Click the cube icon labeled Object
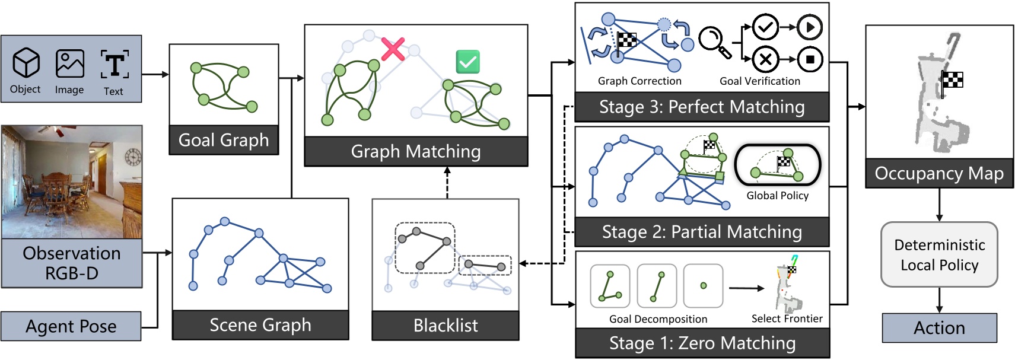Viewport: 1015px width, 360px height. [26, 63]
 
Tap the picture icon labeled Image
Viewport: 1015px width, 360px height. [69, 63]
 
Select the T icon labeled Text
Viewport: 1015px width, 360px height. [114, 64]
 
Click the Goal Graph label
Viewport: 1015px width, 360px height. [224, 140]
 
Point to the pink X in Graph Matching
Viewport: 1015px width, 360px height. [393, 49]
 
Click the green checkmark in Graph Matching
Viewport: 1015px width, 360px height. [467, 62]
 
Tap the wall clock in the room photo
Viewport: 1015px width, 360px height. [133, 157]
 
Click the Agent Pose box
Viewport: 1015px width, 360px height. [71, 326]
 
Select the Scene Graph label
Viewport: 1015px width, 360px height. [260, 325]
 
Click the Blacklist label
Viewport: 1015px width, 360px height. [445, 326]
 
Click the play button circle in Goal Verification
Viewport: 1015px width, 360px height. [810, 27]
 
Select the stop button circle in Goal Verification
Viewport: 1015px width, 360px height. [810, 59]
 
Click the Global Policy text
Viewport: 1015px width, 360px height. [777, 196]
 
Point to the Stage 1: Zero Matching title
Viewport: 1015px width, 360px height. [702, 343]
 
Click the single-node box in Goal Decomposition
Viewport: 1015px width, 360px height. [703, 286]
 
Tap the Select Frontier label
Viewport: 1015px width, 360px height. [787, 319]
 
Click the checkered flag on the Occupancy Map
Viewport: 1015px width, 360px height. [953, 79]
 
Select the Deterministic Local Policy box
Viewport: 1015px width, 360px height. [939, 254]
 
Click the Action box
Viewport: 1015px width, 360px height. [939, 328]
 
